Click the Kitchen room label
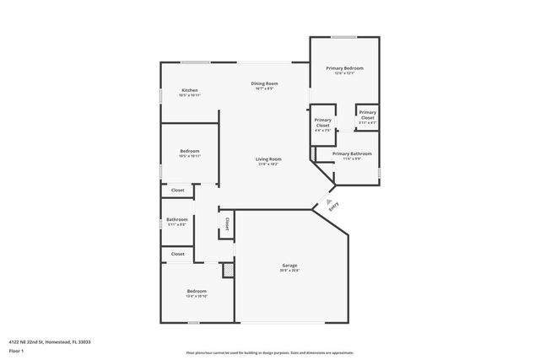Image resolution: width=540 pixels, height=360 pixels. (x=190, y=90)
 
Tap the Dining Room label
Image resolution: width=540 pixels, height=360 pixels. (x=264, y=83)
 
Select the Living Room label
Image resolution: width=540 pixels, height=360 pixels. (x=269, y=159)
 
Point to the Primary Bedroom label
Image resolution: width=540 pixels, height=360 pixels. (x=344, y=67)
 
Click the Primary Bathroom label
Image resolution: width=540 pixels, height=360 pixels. (x=352, y=153)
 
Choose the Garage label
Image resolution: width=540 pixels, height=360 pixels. (x=289, y=265)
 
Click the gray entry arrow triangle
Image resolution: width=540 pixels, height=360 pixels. (x=330, y=201)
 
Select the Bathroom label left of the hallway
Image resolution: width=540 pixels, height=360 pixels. (x=177, y=220)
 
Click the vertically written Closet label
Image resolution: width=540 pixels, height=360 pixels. (x=226, y=223)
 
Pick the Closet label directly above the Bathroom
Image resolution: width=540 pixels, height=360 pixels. (x=177, y=190)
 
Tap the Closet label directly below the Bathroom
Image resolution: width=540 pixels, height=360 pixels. (x=177, y=254)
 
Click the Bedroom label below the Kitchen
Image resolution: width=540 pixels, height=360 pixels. (x=190, y=151)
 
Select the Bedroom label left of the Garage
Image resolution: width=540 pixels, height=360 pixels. (x=197, y=291)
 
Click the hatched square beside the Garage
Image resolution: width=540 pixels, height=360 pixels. (x=227, y=270)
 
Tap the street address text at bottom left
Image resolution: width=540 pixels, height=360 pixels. (x=50, y=341)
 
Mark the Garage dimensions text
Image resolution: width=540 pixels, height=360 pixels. (x=289, y=271)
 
